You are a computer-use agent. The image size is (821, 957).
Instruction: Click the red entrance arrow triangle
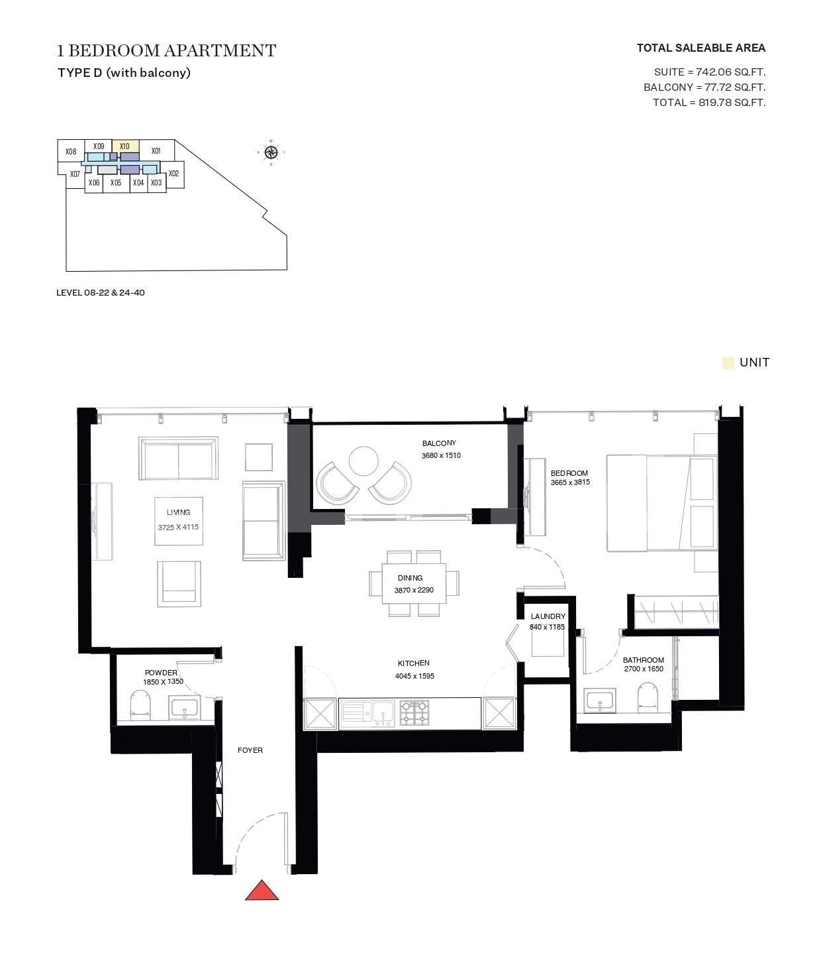(x=262, y=891)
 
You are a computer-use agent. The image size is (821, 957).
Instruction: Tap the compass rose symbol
(x=271, y=153)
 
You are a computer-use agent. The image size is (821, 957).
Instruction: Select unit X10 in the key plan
(x=125, y=146)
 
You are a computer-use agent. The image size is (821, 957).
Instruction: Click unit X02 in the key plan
(x=173, y=174)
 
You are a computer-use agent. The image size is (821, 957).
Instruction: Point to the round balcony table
(x=363, y=461)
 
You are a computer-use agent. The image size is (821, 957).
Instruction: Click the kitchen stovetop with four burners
(x=414, y=712)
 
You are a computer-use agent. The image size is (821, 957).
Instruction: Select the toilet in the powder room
(x=140, y=705)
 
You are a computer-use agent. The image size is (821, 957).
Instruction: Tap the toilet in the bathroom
(x=647, y=698)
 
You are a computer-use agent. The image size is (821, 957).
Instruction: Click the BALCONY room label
(x=439, y=443)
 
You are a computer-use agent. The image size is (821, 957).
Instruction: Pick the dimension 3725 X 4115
(x=178, y=528)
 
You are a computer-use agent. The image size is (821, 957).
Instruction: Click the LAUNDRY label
(x=548, y=616)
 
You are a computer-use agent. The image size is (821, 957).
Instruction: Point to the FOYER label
(x=250, y=750)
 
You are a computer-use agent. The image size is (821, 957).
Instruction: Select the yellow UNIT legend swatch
(x=728, y=363)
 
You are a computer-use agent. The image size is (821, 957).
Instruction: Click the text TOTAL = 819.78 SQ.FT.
(x=708, y=102)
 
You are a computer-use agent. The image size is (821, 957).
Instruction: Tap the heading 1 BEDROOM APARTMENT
(x=166, y=50)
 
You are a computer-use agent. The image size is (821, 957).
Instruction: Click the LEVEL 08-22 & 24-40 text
(x=101, y=292)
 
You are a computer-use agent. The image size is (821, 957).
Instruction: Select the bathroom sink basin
(x=600, y=701)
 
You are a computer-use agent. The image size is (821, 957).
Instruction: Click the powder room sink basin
(x=183, y=708)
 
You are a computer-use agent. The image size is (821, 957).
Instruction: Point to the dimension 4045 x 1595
(x=414, y=676)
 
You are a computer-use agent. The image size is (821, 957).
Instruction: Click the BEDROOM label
(x=569, y=473)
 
